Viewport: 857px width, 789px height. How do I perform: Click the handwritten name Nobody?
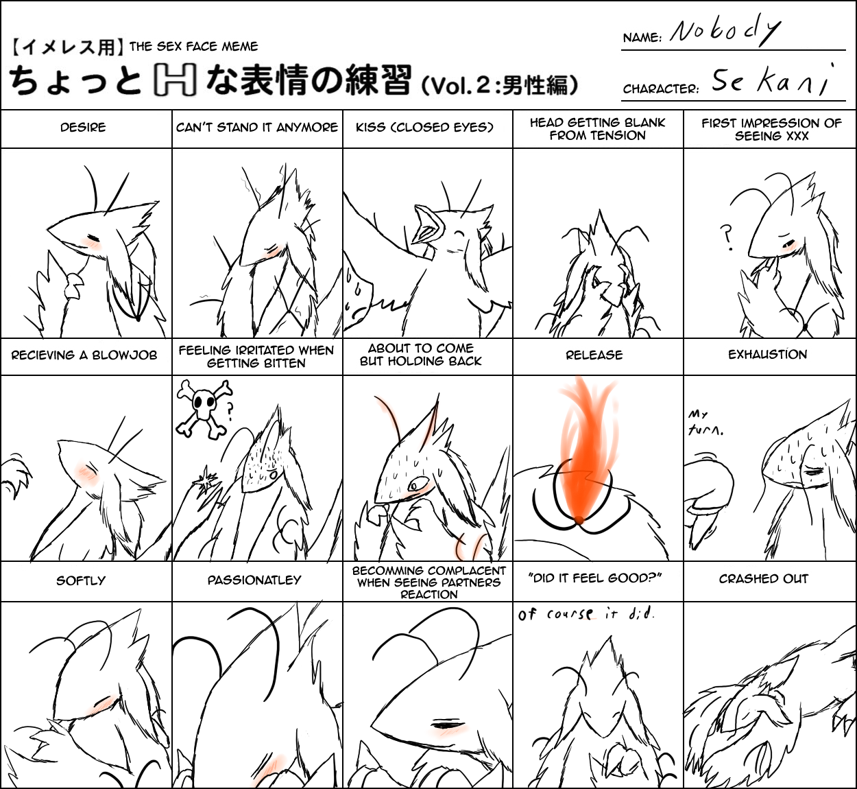pyautogui.click(x=725, y=34)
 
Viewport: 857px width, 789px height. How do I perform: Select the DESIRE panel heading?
pyautogui.click(x=83, y=128)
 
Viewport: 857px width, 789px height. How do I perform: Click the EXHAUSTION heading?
pyautogui.click(x=768, y=354)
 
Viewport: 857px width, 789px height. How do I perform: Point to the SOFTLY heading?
pyautogui.click(x=81, y=580)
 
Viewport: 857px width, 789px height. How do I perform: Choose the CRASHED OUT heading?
pyautogui.click(x=764, y=578)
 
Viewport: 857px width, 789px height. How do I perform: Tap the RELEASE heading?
pyautogui.click(x=594, y=355)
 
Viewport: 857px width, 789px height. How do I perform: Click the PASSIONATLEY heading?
pyautogui.click(x=254, y=580)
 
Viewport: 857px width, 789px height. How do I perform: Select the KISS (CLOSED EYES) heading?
pyautogui.click(x=424, y=128)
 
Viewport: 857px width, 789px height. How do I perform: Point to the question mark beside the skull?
pyautogui.click(x=230, y=412)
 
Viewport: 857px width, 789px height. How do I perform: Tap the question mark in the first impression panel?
pyautogui.click(x=726, y=238)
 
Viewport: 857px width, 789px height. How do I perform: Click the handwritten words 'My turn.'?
pyautogui.click(x=705, y=423)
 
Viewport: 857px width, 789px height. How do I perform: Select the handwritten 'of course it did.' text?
pyautogui.click(x=586, y=615)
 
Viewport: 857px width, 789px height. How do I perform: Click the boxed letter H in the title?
pyautogui.click(x=175, y=80)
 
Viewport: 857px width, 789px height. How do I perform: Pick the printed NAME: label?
pyautogui.click(x=642, y=38)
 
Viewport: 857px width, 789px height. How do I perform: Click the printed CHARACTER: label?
pyautogui.click(x=661, y=89)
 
